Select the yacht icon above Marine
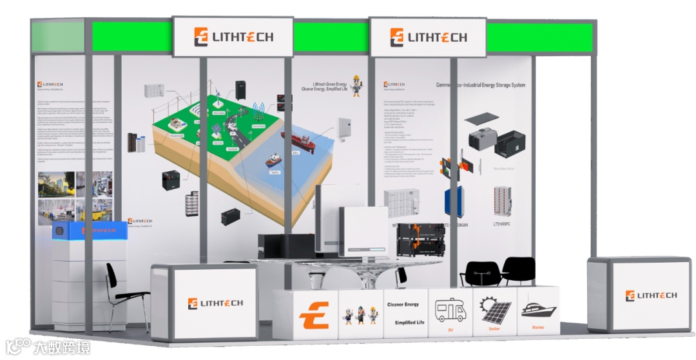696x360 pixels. [x=538, y=309]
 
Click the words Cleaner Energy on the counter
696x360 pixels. [x=403, y=304]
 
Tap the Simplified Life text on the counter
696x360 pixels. [x=404, y=322]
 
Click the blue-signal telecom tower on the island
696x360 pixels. [x=258, y=113]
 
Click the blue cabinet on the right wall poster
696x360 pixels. [x=455, y=201]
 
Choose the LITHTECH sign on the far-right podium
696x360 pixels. [x=650, y=296]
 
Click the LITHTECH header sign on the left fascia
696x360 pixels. [x=233, y=37]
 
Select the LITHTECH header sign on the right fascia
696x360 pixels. [x=428, y=37]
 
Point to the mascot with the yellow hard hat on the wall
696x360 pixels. [x=356, y=85]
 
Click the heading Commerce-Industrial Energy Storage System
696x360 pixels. [x=480, y=85]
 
